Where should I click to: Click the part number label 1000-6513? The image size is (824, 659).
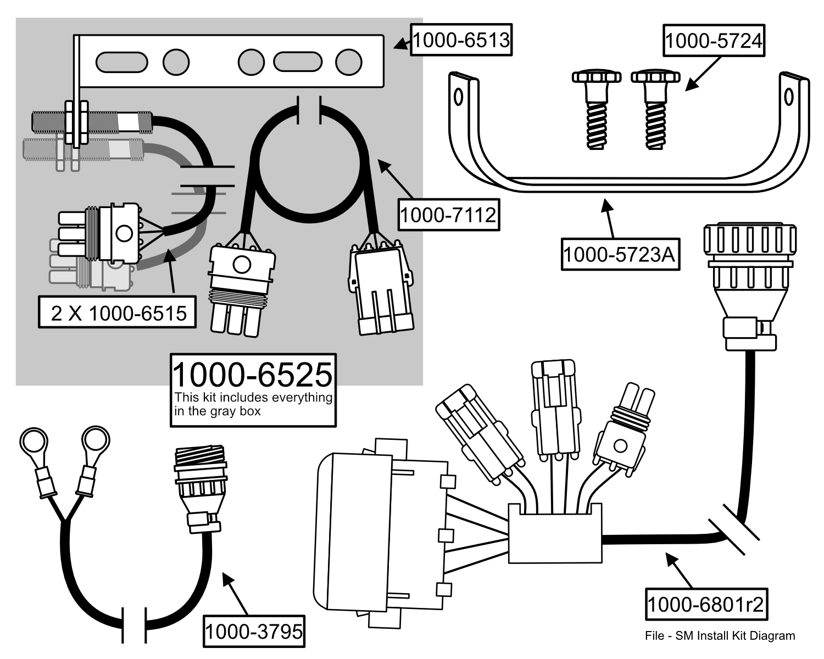461,40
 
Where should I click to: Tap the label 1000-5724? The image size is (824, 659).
714,41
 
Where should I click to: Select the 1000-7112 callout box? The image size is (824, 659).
448,215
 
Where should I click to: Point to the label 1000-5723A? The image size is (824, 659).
620,254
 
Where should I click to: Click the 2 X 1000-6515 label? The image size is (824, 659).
118,313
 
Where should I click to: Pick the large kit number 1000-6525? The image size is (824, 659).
253,375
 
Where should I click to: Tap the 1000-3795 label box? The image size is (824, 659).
254,632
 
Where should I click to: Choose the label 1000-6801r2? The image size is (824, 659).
706,605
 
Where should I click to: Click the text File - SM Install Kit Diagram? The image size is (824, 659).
720,636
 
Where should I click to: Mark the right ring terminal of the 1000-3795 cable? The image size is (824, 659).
95,440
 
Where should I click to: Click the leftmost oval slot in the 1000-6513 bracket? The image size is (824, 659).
121,62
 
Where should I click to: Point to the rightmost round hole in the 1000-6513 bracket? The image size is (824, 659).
348,62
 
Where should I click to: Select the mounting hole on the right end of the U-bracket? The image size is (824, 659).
788,97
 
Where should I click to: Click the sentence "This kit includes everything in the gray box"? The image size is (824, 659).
253,404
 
